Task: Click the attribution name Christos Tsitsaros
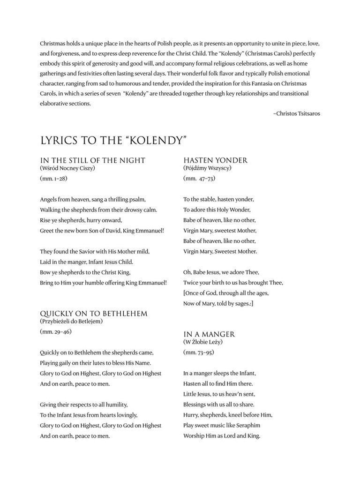click(297, 113)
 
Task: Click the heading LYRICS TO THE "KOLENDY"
click(114, 140)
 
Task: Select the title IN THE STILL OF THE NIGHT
click(93, 160)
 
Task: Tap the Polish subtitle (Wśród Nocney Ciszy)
click(70, 168)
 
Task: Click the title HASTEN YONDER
click(215, 160)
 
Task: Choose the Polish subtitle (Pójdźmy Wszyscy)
click(207, 168)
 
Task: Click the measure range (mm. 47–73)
click(199, 179)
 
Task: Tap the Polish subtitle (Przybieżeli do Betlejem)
click(71, 321)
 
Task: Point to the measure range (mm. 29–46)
click(56, 332)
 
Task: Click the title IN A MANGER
click(209, 334)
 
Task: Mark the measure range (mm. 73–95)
click(199, 352)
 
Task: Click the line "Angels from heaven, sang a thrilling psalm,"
click(93, 199)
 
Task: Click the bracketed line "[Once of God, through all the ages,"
click(225, 293)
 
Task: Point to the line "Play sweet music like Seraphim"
click(221, 425)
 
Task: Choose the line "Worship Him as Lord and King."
click(221, 435)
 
